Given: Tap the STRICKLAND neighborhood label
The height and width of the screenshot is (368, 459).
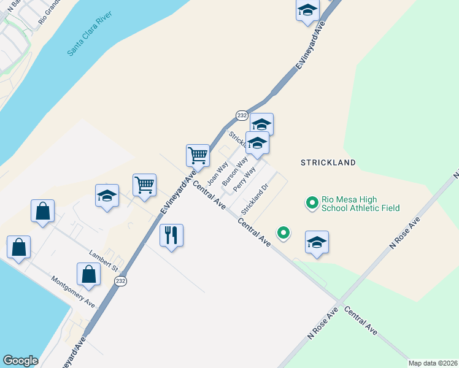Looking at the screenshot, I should tap(328, 163).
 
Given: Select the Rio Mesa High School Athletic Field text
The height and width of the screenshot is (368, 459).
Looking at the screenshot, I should tap(361, 204).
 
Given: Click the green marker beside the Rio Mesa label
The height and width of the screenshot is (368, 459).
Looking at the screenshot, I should tap(312, 201).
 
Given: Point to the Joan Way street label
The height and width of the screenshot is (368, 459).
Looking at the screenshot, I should tap(218, 173).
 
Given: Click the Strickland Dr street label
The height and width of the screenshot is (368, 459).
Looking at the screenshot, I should tap(255, 199).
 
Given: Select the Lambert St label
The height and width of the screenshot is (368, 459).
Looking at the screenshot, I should tap(102, 261).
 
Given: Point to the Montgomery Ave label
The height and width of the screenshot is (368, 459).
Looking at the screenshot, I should tap(73, 293).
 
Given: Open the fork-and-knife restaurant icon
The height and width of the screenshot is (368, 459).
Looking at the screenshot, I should tap(172, 235).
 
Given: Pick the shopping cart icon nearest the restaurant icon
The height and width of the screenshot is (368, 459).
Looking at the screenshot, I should tap(145, 184).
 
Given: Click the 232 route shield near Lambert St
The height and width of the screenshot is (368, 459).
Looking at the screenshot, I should tap(120, 281).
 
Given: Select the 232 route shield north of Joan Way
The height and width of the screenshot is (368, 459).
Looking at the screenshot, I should tap(242, 115).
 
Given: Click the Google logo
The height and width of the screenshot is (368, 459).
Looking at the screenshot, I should tap(20, 361).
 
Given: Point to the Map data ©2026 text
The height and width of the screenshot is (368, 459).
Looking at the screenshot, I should tap(433, 363).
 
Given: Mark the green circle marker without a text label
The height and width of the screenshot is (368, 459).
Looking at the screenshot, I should tap(283, 232).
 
